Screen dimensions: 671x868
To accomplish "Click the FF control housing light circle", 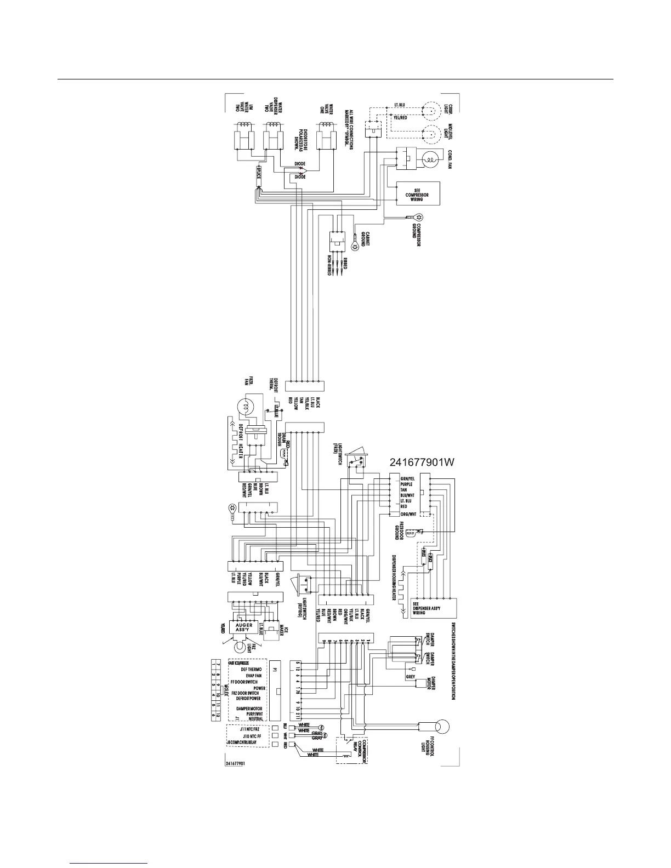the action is coord(441,727).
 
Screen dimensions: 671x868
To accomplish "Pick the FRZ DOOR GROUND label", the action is coord(399,531).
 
